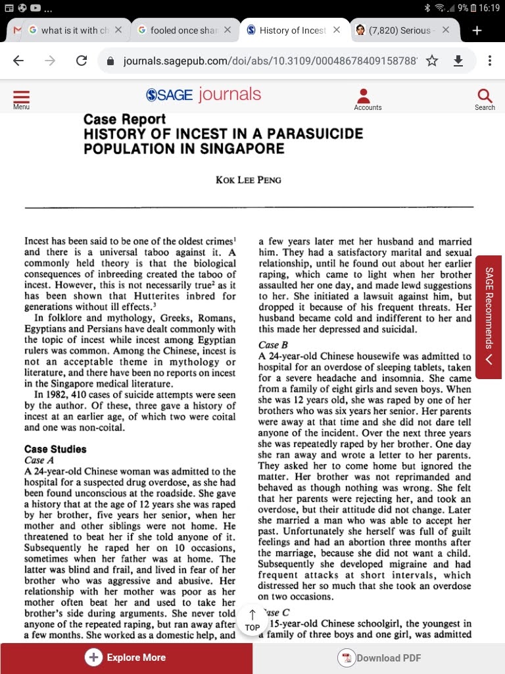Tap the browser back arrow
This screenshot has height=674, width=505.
[18, 61]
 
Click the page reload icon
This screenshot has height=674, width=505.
[82, 61]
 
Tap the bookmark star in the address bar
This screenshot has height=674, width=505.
[432, 61]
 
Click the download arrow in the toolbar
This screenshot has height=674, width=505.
[459, 61]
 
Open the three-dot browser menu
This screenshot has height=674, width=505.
[490, 61]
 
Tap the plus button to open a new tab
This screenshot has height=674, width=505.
[477, 30]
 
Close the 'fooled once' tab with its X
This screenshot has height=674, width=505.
[227, 30]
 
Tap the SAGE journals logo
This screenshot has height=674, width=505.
[203, 95]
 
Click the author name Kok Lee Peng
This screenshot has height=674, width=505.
[249, 180]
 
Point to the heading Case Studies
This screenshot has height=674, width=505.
[55, 450]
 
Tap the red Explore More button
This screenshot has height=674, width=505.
[126, 658]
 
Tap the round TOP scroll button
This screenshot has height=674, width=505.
[252, 621]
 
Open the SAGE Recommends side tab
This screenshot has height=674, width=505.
[489, 317]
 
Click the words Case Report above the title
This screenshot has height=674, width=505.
[124, 120]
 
